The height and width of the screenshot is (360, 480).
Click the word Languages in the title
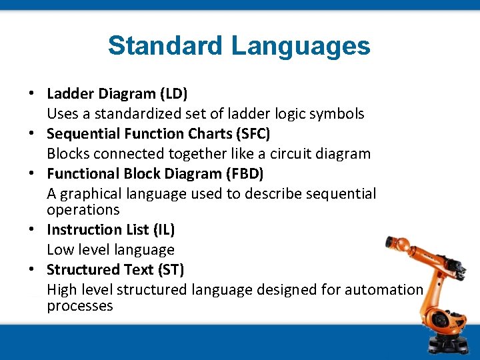(x=301, y=46)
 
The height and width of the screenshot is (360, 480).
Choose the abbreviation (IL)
(x=163, y=230)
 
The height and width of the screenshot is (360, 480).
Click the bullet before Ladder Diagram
(x=32, y=94)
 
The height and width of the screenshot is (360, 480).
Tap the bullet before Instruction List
(x=32, y=230)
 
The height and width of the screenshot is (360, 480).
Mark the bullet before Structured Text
(x=32, y=270)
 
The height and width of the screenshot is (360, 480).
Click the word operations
(x=83, y=210)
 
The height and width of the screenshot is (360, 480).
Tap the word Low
(x=61, y=250)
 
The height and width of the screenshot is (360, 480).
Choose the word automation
(x=384, y=290)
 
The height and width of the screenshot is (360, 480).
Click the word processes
(x=79, y=306)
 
